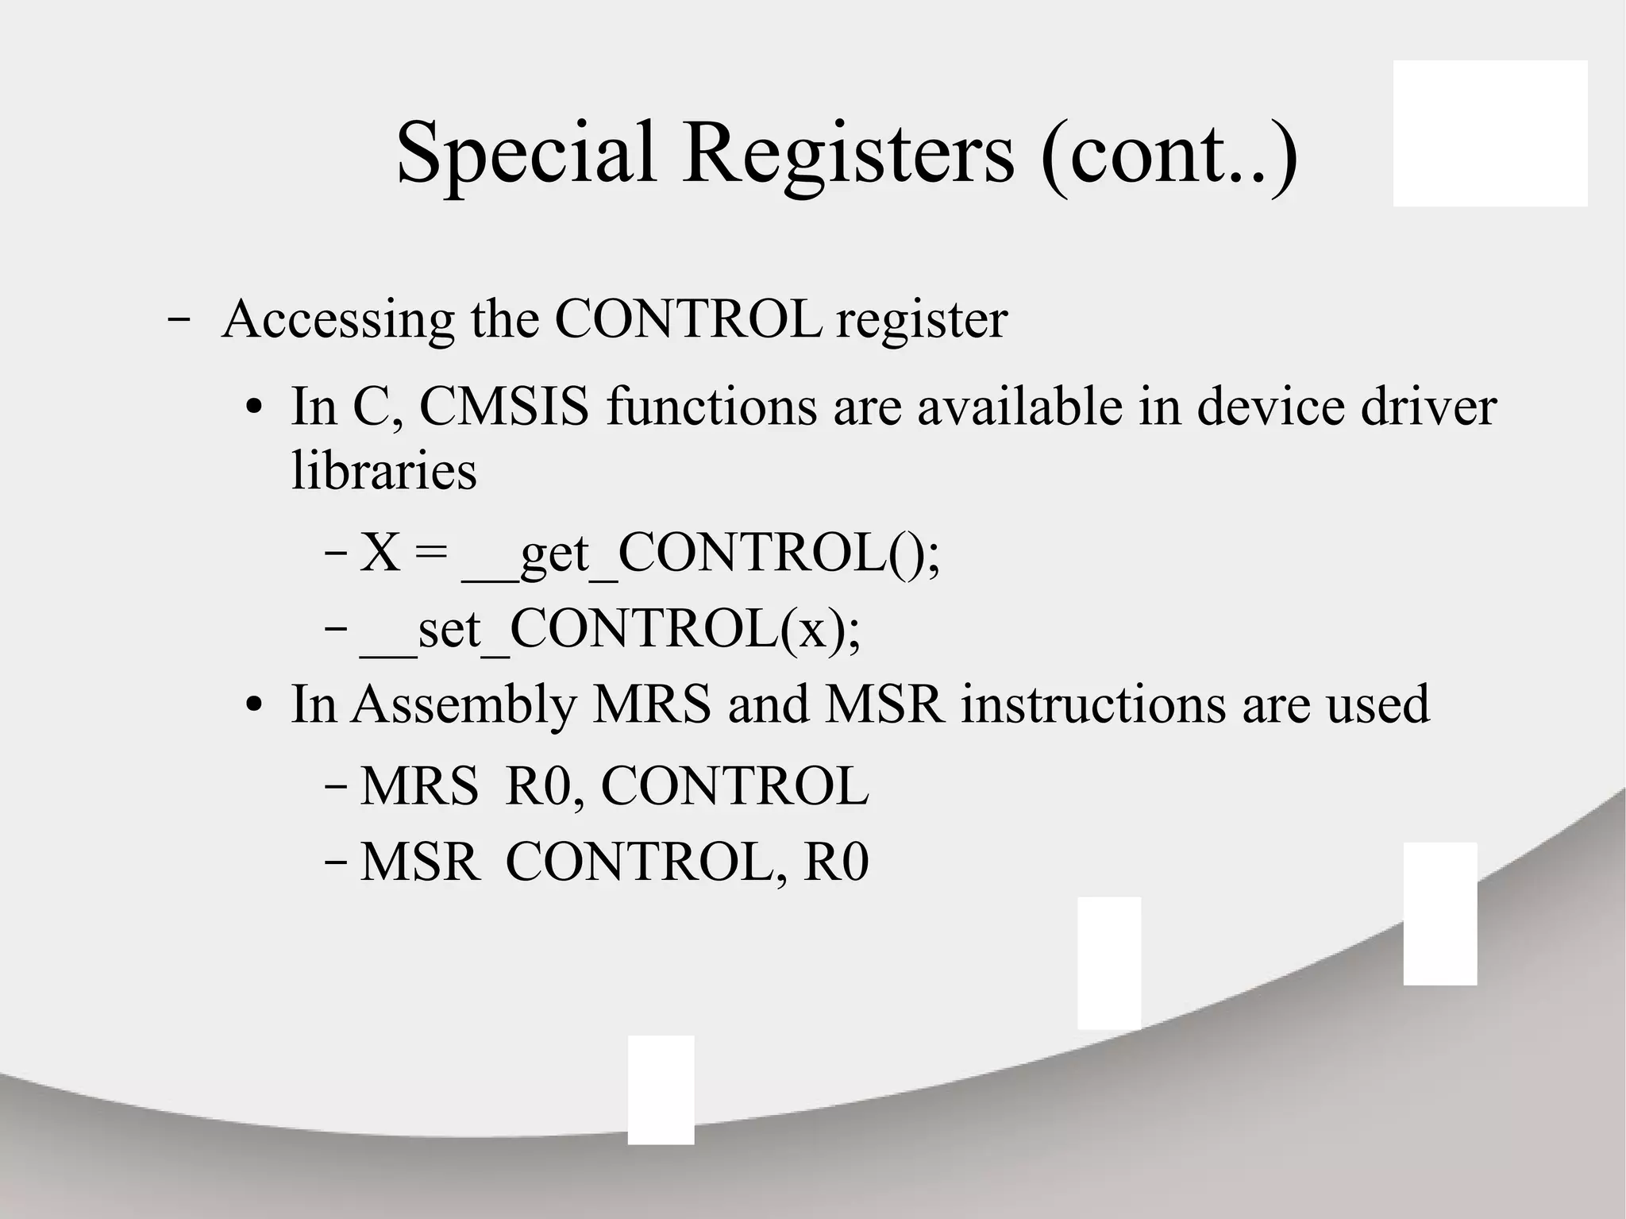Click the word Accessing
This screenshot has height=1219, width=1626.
pyautogui.click(x=338, y=319)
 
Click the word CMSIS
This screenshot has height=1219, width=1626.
pyautogui.click(x=504, y=407)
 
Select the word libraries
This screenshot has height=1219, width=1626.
pyautogui.click(x=384, y=470)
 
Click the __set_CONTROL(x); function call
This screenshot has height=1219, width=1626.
pyautogui.click(x=610, y=629)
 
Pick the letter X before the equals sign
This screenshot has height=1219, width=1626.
pyautogui.click(x=380, y=553)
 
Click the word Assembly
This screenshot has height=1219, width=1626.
pyautogui.click(x=464, y=704)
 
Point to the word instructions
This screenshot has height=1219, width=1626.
pyautogui.click(x=1093, y=704)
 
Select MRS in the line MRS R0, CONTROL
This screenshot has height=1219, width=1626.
pyautogui.click(x=419, y=787)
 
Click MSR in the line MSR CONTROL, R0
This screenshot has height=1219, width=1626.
pyautogui.click(x=420, y=862)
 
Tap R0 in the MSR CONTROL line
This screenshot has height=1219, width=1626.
pyautogui.click(x=836, y=862)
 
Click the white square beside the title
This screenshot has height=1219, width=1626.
pyautogui.click(x=1490, y=133)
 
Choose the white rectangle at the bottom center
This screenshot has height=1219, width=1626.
pyautogui.click(x=661, y=1090)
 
